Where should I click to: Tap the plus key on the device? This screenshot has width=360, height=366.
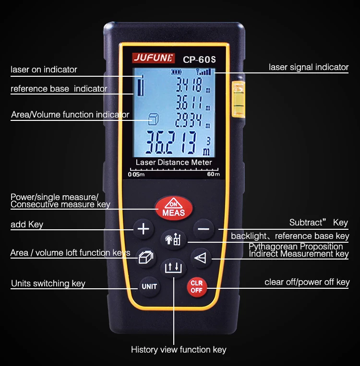[x=144, y=228]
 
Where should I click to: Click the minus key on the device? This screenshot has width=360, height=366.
[x=204, y=229]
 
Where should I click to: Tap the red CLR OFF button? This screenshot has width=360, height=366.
[x=197, y=287]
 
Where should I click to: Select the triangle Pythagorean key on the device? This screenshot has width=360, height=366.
[x=201, y=258]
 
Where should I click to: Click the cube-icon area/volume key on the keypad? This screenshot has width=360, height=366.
[x=146, y=258]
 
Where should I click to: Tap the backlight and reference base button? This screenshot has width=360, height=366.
[x=173, y=239]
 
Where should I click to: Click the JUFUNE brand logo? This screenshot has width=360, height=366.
[x=153, y=58]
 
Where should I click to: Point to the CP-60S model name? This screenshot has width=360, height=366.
[x=199, y=59]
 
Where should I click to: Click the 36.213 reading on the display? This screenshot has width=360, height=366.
[x=171, y=142]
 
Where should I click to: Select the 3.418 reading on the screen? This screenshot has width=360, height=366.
[x=189, y=84]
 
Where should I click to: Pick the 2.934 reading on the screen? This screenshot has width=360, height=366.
[x=189, y=120]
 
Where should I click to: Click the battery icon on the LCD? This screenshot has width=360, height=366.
[x=176, y=72]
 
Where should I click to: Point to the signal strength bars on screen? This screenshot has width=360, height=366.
[x=204, y=71]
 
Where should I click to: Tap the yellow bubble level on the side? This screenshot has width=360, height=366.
[x=238, y=98]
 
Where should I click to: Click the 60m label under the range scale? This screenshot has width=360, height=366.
[x=213, y=174]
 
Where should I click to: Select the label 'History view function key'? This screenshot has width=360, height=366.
[x=179, y=349]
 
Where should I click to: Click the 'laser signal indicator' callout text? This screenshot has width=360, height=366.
[x=309, y=67]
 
